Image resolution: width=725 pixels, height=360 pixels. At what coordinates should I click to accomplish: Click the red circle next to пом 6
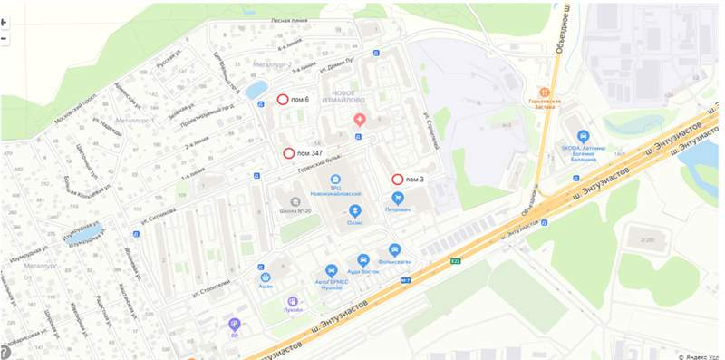pos(282,100)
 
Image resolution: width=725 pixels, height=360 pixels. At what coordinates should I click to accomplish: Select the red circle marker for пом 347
pos(289,154)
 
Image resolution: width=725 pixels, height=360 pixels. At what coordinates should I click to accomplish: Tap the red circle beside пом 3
pos(397,180)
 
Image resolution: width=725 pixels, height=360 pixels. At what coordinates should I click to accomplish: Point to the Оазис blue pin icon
pos(354,209)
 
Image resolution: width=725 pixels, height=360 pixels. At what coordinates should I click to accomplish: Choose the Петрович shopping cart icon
pos(397,197)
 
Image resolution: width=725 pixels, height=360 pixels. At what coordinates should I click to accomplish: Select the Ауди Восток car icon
pos(363,259)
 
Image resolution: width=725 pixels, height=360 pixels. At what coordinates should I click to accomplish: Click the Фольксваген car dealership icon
pos(394,249)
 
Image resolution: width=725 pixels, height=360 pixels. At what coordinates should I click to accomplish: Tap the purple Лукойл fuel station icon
pos(292,302)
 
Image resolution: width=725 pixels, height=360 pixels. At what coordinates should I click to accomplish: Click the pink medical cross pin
pos(360,119)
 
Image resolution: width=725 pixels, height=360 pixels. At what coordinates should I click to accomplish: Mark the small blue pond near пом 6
pos(257,89)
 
